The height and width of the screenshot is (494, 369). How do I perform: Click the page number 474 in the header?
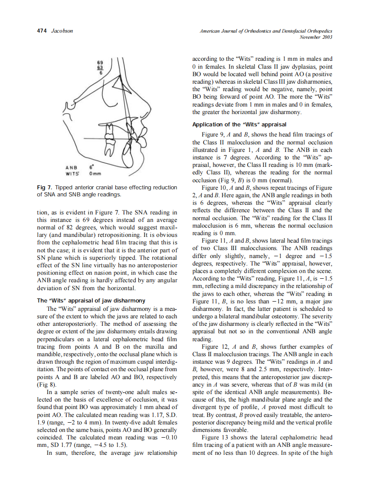coord(41,31)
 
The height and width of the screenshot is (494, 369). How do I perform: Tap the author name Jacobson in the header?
coord(62,31)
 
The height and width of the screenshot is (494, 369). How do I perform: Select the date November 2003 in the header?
coord(315,37)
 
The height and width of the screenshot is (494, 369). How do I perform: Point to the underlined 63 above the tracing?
coord(100,68)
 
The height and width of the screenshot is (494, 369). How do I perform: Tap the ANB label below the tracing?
coord(71,167)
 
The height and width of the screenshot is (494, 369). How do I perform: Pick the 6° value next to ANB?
coord(92,167)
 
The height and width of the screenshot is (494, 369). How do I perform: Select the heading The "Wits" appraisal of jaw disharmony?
coord(91,300)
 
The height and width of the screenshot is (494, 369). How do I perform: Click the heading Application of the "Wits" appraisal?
coord(240,124)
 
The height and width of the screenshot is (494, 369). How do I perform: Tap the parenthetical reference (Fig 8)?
coord(47,384)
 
